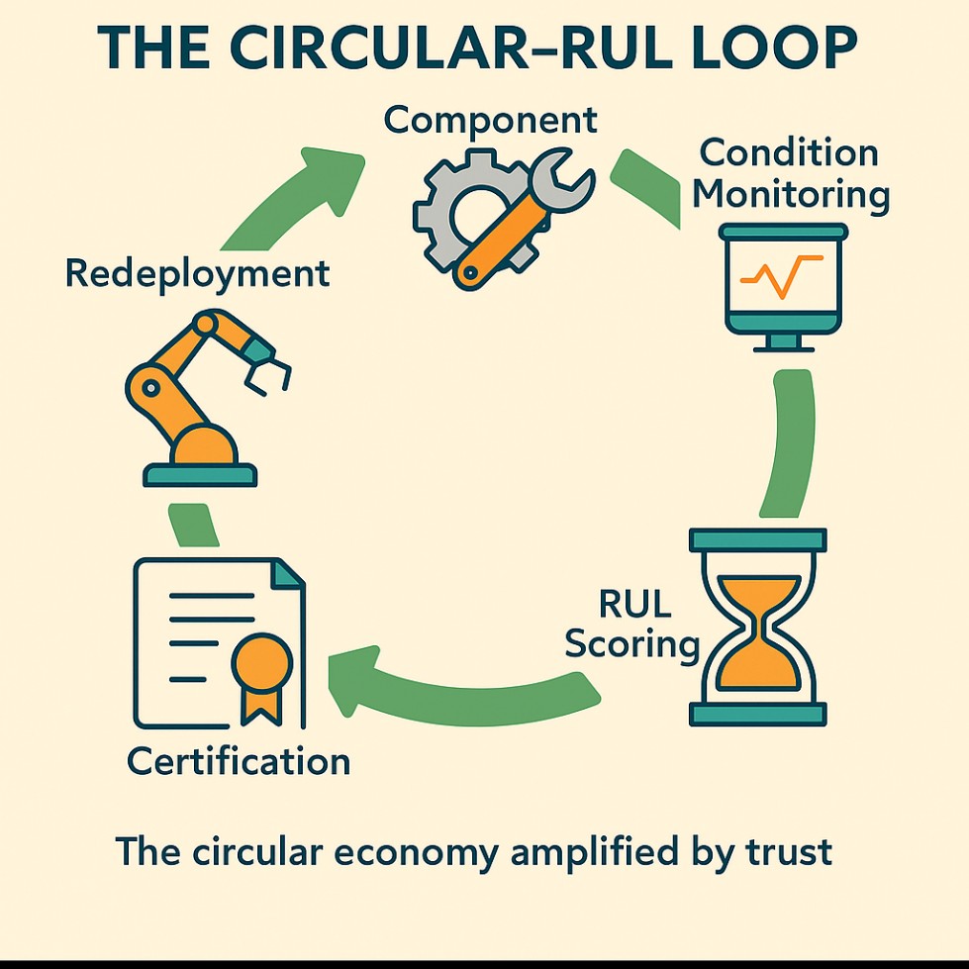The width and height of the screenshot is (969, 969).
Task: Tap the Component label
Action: coord(491,121)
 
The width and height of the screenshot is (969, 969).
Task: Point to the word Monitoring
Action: coord(790,194)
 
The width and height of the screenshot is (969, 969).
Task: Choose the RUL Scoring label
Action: coord(630,624)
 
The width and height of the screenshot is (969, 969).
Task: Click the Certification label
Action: coord(239,761)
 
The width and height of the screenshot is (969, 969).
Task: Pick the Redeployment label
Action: coord(197,273)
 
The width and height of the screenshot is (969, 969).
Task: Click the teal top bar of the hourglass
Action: coord(757,539)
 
